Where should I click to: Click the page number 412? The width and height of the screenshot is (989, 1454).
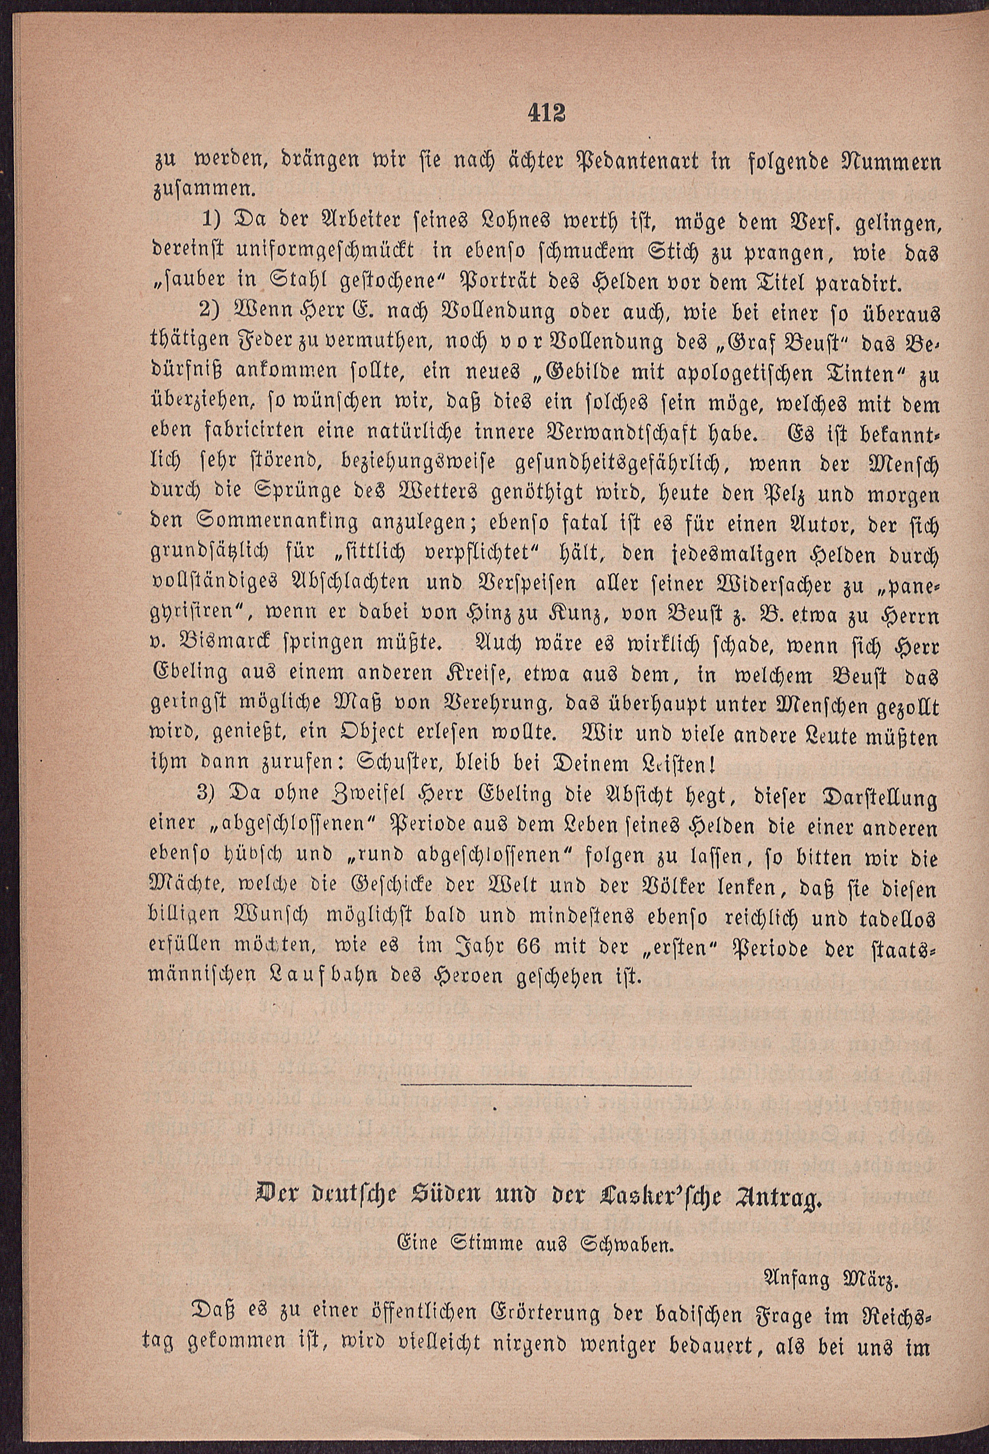pyautogui.click(x=546, y=114)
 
